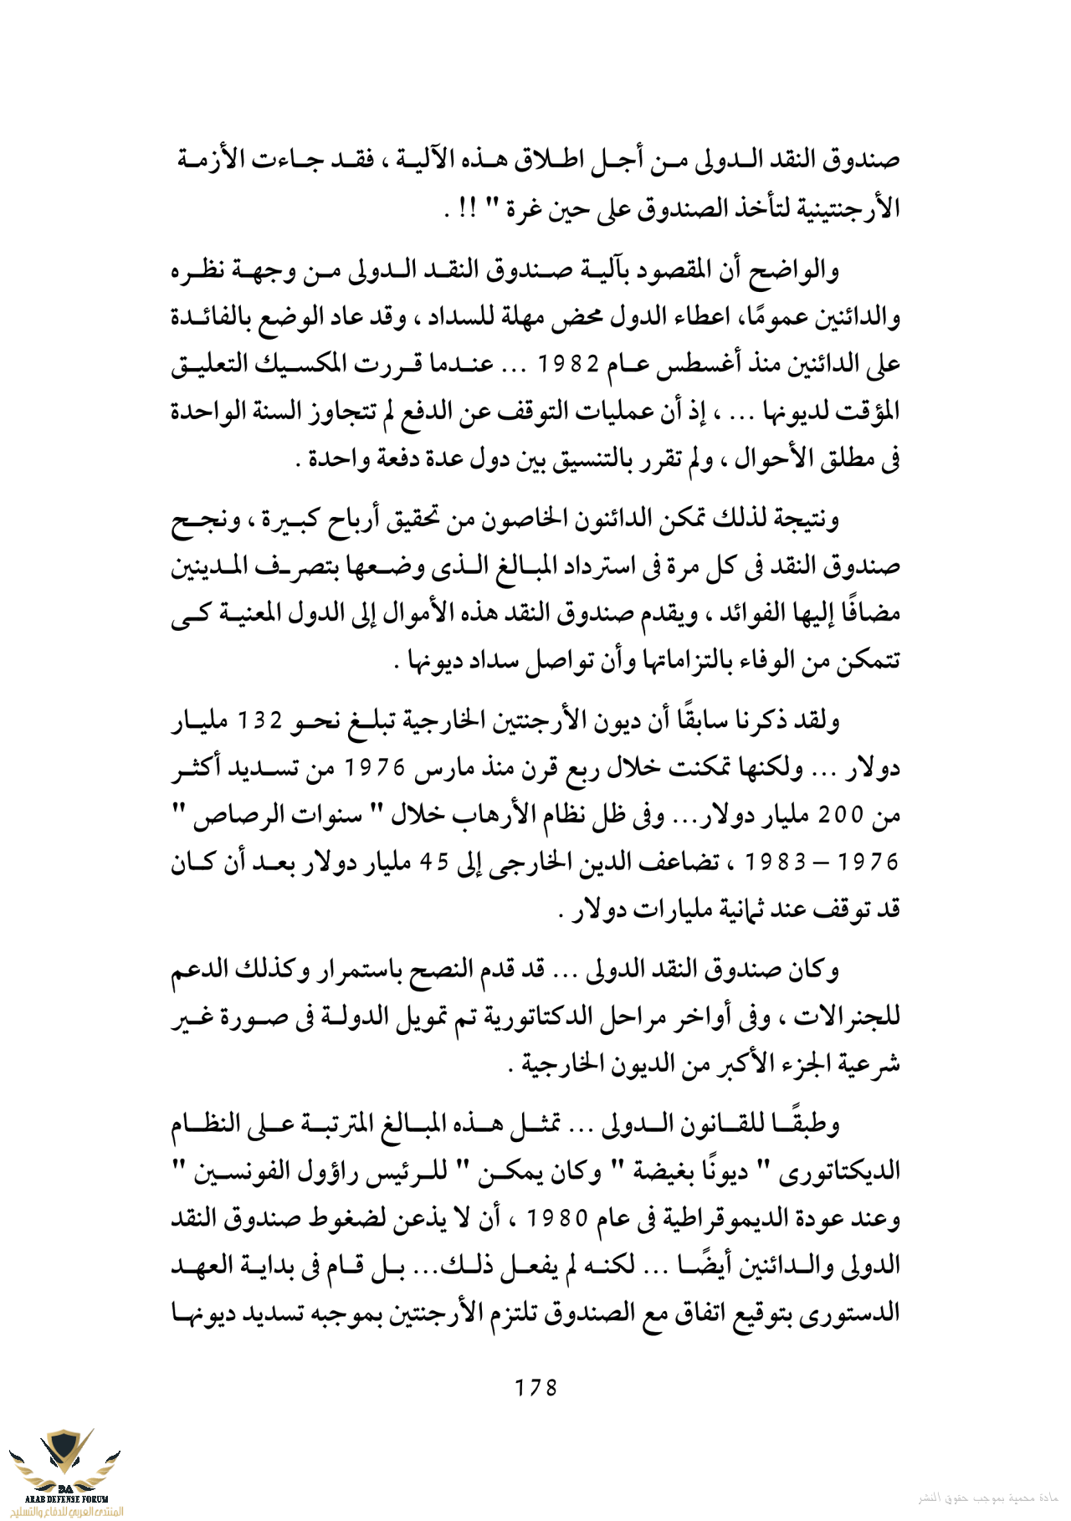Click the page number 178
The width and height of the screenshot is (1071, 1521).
535,1388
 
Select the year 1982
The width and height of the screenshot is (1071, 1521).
569,365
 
